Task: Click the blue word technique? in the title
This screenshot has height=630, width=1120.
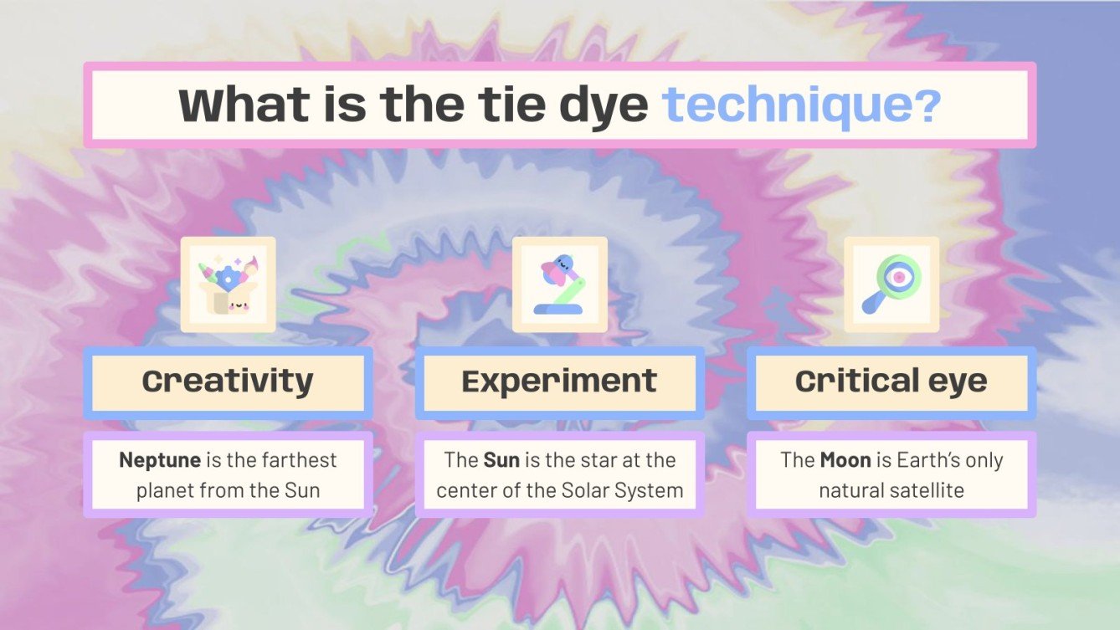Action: click(x=801, y=105)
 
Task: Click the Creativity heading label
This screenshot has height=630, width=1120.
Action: click(x=228, y=382)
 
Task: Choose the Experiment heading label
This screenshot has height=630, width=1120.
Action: click(x=559, y=382)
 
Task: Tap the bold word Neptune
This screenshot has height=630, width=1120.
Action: click(x=160, y=459)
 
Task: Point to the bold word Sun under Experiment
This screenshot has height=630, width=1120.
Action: click(x=501, y=459)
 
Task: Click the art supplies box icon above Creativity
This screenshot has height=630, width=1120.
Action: click(x=228, y=285)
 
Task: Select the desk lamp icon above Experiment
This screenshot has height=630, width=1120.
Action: click(x=559, y=285)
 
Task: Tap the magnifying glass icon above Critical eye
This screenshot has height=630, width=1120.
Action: click(x=891, y=284)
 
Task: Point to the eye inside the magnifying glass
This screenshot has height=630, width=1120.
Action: click(x=899, y=275)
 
